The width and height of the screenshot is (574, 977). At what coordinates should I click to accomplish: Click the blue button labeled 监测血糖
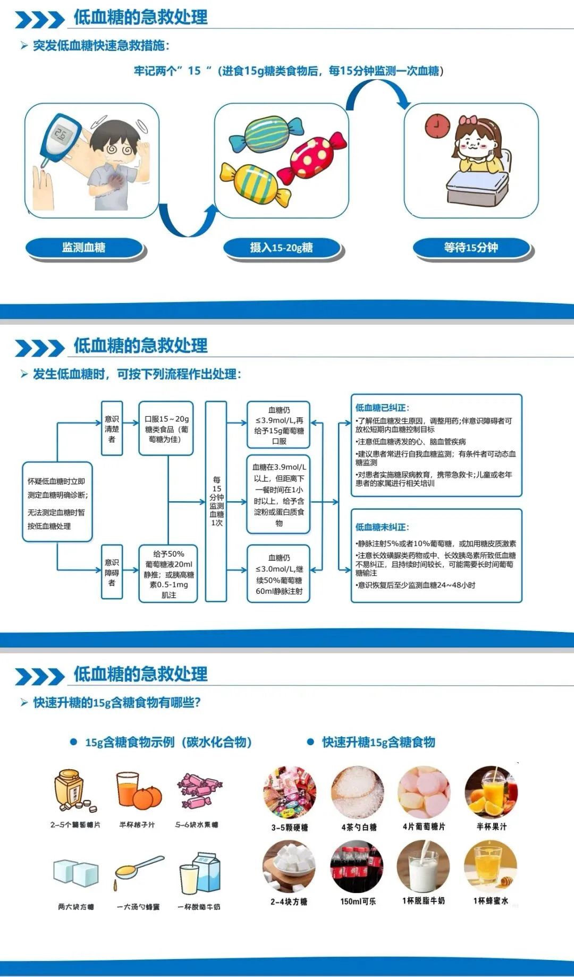pos(84,248)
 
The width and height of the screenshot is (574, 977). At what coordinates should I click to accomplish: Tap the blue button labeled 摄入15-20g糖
pos(281,248)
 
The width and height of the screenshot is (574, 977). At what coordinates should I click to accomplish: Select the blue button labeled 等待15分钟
pos(471,248)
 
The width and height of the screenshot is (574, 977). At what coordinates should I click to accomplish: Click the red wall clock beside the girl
pos(437,126)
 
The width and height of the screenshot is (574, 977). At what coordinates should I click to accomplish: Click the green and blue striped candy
pos(266,134)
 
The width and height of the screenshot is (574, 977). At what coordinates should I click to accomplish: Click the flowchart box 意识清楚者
pos(112,428)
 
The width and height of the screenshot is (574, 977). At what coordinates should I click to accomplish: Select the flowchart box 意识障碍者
pos(112,572)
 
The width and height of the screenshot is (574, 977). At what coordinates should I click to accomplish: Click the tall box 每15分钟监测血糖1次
pos(216,501)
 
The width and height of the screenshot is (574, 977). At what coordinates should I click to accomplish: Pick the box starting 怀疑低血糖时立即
pos(57,502)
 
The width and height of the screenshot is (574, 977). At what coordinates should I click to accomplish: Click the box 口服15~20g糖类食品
pos(166,428)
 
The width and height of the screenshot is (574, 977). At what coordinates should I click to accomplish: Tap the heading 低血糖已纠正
pos(382,408)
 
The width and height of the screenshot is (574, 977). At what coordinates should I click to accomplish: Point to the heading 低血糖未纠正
pos(382,527)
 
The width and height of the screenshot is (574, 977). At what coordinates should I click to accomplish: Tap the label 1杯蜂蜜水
pos(491,900)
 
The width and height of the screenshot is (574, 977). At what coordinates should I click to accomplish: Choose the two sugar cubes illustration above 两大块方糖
pos(75,872)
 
